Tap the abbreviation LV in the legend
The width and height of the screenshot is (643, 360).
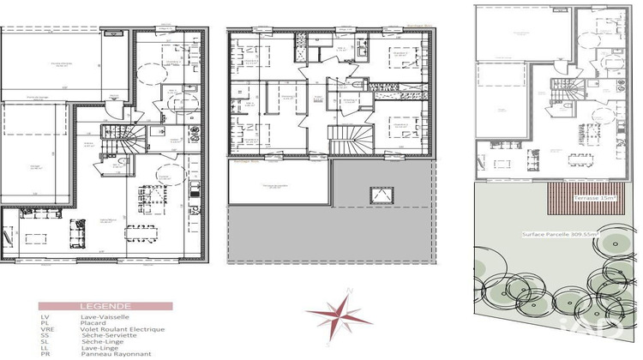pos(45,315)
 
